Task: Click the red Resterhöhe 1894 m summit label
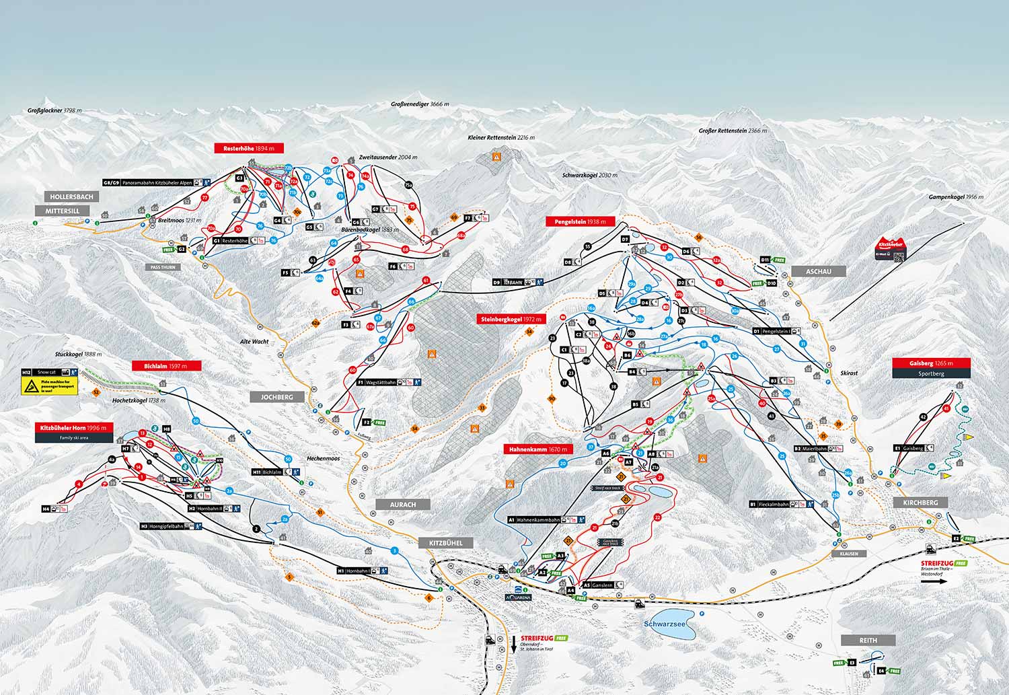[x=249, y=148]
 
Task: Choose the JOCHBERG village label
[x=276, y=397]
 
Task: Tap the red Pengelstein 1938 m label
[x=580, y=221]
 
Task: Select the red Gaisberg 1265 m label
[x=932, y=363]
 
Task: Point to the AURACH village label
[x=403, y=504]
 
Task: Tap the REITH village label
[x=868, y=640]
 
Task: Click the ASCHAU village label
[x=819, y=271]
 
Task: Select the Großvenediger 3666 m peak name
[x=420, y=104]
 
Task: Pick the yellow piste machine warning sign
[x=49, y=386]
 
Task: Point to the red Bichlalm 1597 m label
[x=172, y=366]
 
